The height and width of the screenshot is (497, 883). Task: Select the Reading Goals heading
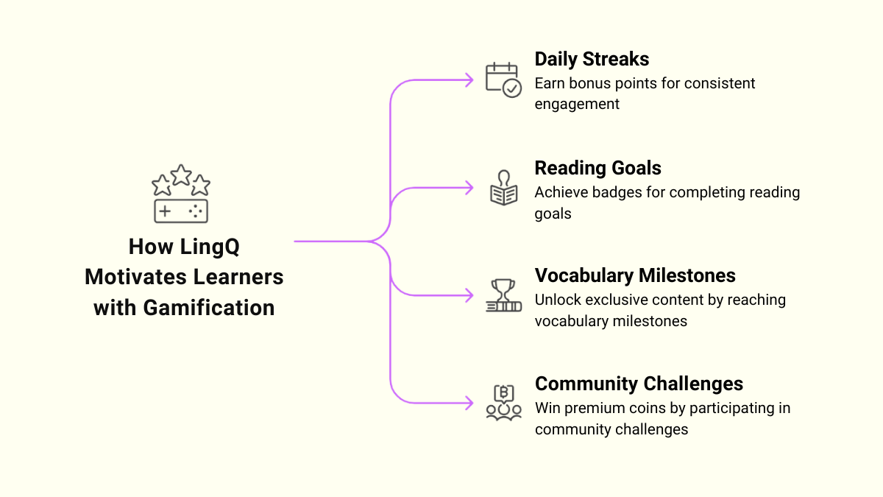coord(597,168)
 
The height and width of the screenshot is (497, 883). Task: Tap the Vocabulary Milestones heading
coord(635,275)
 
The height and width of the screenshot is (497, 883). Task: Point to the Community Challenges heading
coord(639,384)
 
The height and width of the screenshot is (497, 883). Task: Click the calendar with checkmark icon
coord(503,80)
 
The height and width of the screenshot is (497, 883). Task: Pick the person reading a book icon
coord(503,188)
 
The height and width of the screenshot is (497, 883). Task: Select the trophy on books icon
coord(503,295)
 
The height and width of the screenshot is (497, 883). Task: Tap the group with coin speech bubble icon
coord(503,403)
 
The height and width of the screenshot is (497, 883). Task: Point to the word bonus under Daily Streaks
coord(586,83)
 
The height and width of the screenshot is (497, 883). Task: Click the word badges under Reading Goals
coord(622,192)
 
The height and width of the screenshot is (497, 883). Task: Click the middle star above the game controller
coord(181,175)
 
